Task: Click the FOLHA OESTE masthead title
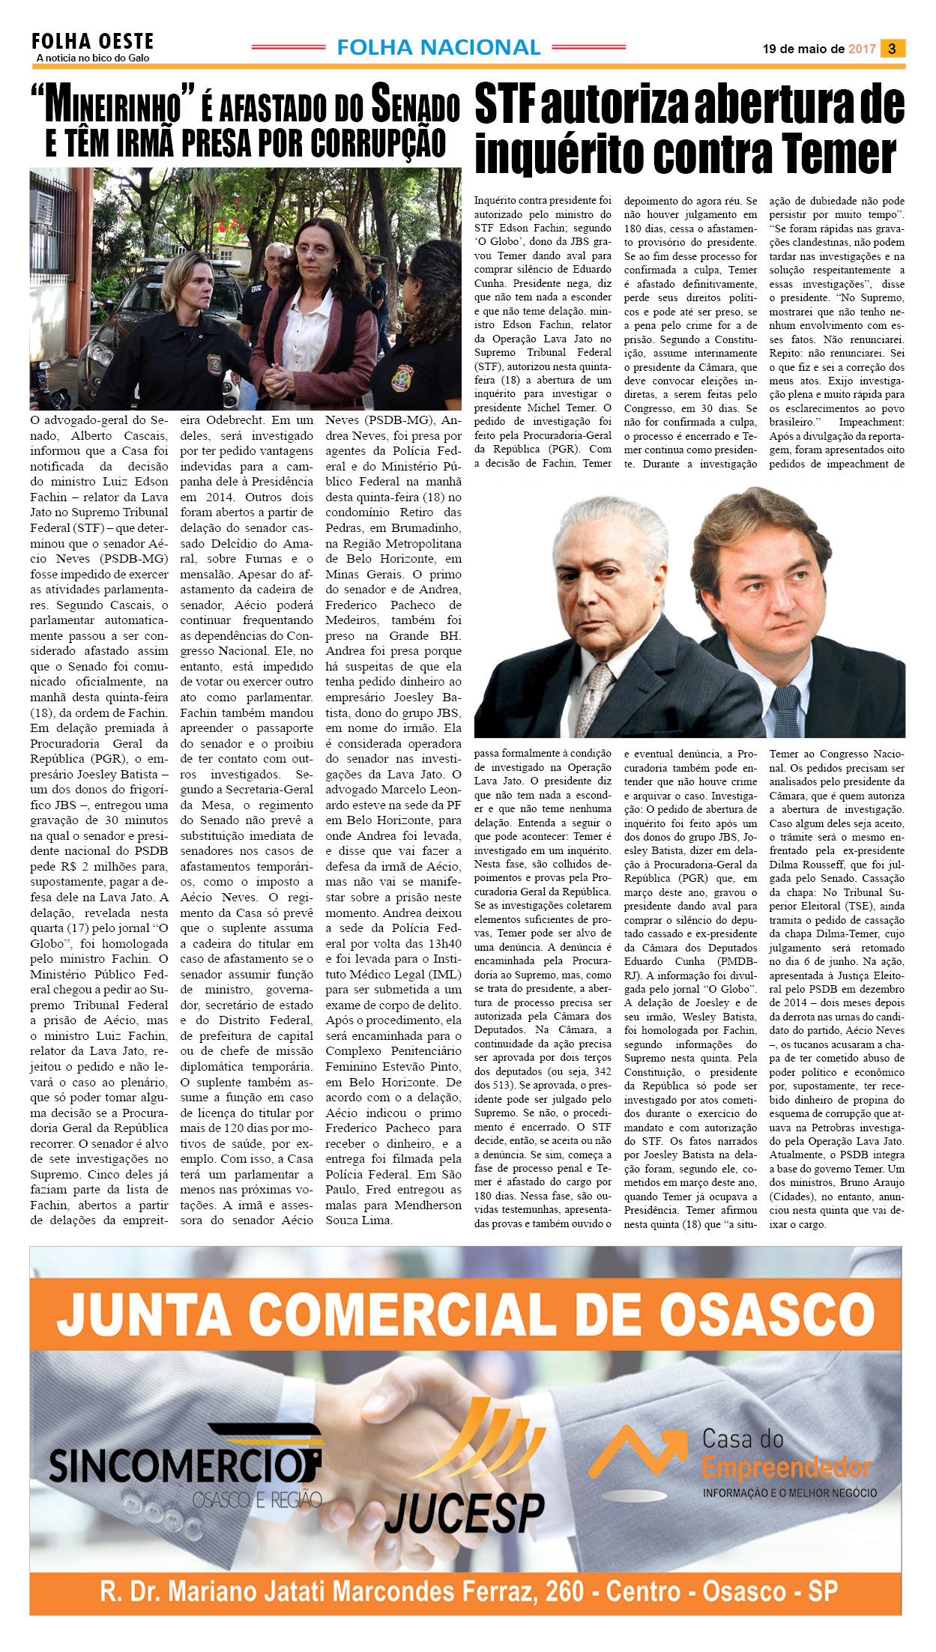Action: [92, 41]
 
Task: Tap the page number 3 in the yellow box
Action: [892, 49]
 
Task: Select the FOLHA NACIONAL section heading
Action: [438, 47]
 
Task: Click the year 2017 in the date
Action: [862, 49]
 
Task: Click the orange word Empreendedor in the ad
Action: [787, 1468]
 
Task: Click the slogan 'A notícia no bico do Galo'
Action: [93, 58]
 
